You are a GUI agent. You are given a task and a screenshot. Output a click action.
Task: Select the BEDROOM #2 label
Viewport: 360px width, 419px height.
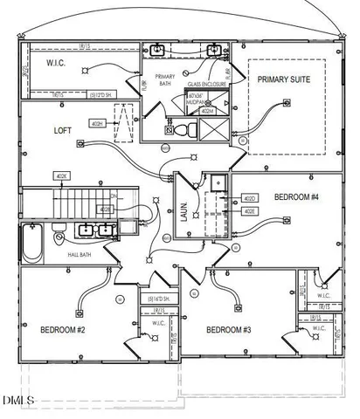pyautogui.click(x=62, y=330)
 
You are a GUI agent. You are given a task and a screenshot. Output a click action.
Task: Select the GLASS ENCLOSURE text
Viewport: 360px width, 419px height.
pyautogui.click(x=208, y=85)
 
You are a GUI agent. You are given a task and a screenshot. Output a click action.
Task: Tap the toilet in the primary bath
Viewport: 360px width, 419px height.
pyautogui.click(x=179, y=129)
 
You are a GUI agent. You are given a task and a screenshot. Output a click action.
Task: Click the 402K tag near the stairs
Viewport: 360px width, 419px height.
pyautogui.click(x=62, y=176)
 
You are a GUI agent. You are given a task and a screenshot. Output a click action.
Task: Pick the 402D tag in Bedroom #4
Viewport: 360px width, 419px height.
pyautogui.click(x=249, y=199)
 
